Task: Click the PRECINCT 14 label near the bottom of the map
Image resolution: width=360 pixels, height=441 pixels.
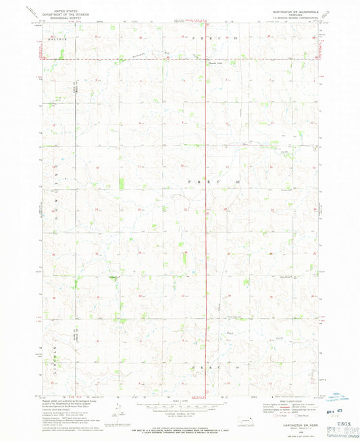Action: [215, 367]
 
